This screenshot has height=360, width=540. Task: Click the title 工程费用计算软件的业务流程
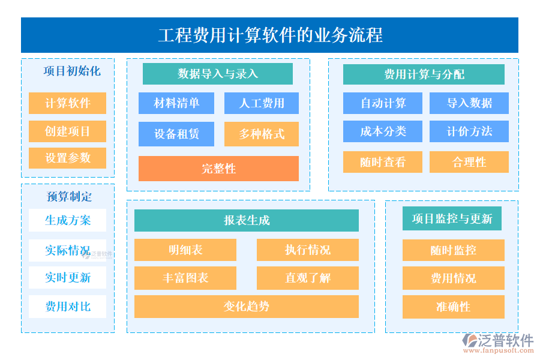click(x=270, y=35)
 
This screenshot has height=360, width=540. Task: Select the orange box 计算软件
click(x=67, y=103)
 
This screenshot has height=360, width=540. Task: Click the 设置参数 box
click(x=67, y=158)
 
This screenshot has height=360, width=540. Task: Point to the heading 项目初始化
click(x=72, y=71)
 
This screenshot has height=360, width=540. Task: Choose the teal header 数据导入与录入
click(x=218, y=74)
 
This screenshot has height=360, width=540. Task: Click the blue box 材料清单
click(x=176, y=103)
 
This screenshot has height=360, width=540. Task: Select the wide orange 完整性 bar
click(x=218, y=169)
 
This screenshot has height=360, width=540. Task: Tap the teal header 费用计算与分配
click(x=424, y=74)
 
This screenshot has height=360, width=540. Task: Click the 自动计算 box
click(x=383, y=103)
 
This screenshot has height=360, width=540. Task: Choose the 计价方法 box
click(x=469, y=131)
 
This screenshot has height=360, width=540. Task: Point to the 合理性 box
click(x=469, y=162)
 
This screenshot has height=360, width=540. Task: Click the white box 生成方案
click(x=67, y=220)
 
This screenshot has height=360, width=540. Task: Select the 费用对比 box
click(x=67, y=307)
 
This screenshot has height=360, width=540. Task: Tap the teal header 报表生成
click(x=247, y=220)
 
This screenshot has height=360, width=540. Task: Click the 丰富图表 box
click(x=185, y=278)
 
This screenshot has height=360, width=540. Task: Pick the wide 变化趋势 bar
click(x=247, y=307)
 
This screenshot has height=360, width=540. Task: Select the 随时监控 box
click(x=453, y=250)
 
